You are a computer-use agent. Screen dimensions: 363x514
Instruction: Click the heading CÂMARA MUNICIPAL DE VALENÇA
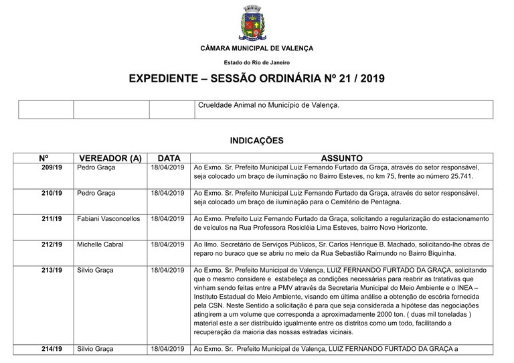(x=256, y=48)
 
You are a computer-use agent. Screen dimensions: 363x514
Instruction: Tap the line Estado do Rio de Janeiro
(x=256, y=62)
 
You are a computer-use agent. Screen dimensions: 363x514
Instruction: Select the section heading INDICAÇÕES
(x=256, y=141)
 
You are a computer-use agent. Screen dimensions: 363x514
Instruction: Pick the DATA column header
(x=167, y=158)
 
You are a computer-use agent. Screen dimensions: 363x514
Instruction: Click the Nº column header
(x=44, y=158)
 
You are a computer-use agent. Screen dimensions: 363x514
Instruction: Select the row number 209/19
(x=52, y=167)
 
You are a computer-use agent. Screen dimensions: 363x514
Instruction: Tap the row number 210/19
(x=52, y=193)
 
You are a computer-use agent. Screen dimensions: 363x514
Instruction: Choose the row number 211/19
(x=52, y=218)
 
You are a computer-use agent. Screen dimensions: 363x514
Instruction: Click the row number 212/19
(x=52, y=244)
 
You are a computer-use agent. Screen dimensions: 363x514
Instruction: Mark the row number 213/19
(x=52, y=271)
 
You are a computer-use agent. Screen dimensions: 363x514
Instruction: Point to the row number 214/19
(x=52, y=349)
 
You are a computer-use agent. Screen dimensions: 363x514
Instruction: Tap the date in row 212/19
(x=167, y=244)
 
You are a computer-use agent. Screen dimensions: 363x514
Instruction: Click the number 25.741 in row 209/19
(x=458, y=176)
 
